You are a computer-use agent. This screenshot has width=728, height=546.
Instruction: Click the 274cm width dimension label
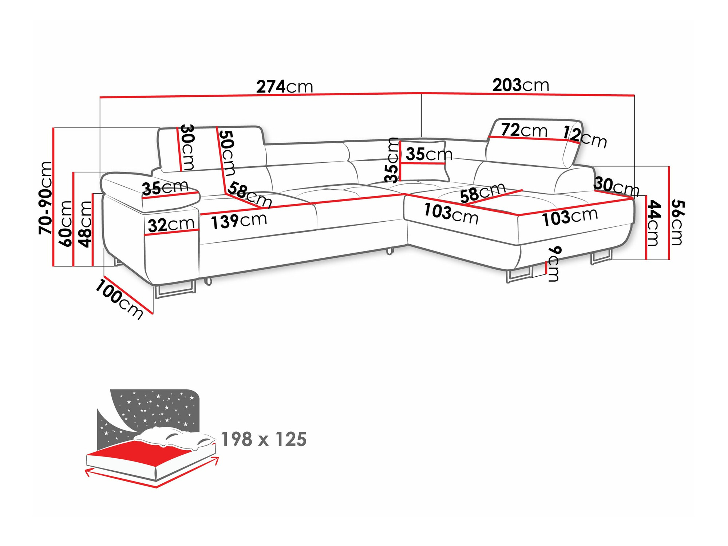click(285, 87)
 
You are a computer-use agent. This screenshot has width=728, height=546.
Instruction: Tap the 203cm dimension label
click(521, 85)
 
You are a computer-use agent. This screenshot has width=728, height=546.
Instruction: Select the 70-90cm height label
click(46, 198)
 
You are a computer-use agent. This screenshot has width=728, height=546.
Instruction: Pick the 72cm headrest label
click(524, 130)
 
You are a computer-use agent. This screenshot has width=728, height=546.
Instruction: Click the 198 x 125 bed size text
click(264, 439)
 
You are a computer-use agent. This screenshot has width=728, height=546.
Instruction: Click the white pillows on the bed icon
click(175, 437)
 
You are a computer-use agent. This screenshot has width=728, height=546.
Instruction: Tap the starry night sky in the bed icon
click(157, 408)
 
